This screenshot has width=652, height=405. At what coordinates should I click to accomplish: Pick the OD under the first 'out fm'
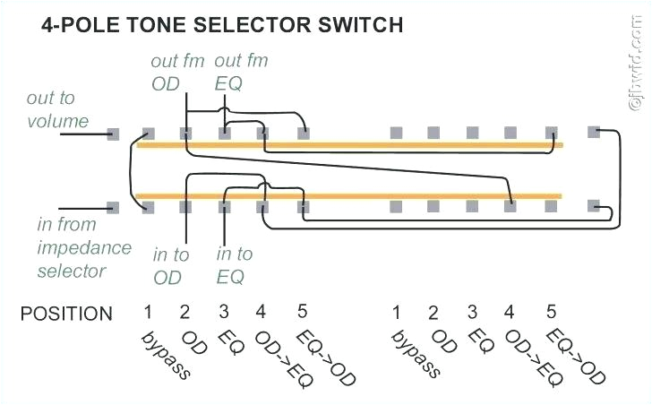(166, 84)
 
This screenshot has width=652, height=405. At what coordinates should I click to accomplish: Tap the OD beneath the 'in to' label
(167, 278)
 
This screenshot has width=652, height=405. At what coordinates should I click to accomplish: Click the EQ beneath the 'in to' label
(230, 278)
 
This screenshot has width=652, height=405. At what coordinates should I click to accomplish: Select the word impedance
(84, 247)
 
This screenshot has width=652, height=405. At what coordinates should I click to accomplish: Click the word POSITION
(67, 314)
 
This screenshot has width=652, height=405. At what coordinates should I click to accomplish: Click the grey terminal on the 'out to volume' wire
(113, 134)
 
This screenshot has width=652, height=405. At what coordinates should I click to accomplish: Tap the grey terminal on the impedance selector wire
(113, 207)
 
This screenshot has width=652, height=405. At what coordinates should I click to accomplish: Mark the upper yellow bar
(349, 144)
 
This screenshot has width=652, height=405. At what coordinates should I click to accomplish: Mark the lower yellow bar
(349, 194)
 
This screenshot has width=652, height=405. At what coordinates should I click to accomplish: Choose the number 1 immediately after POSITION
(147, 312)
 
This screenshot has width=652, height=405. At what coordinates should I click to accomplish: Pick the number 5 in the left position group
(302, 312)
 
